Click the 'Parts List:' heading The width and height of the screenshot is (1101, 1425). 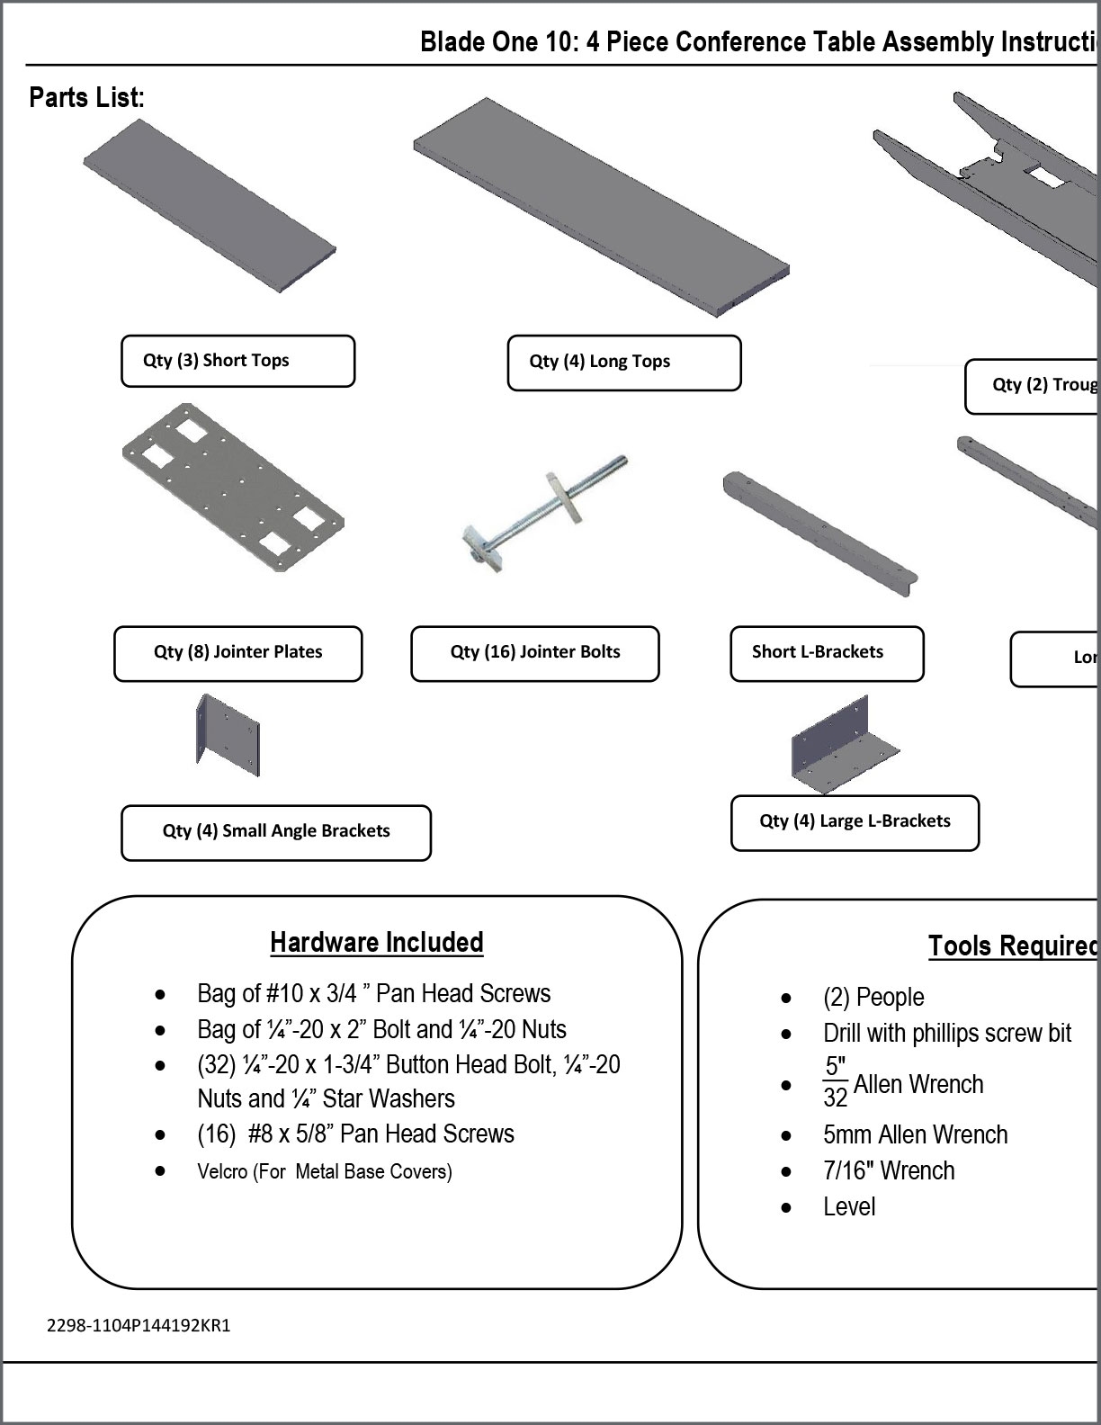pos(86,97)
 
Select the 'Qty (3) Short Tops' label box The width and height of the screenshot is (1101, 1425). pos(237,361)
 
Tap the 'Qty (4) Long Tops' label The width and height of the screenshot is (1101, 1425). pos(623,363)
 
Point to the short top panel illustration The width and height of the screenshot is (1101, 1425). pos(210,206)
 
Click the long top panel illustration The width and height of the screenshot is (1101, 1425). pos(601,207)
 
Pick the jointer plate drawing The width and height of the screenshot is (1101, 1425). pos(233,486)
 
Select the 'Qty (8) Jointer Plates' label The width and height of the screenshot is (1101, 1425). pos(237,653)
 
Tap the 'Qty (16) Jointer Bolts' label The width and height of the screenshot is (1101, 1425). pos(534,653)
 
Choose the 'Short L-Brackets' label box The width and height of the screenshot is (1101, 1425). pos(826,653)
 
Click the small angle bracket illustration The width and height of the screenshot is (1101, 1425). pos(228,735)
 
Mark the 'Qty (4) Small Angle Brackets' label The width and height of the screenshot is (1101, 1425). pos(276,832)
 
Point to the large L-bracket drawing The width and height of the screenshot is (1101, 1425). pos(843,744)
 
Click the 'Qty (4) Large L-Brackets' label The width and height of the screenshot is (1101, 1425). pos(855,822)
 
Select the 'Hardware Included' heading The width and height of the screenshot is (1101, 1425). pos(376,943)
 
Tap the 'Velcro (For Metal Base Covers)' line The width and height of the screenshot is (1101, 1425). pos(324,1171)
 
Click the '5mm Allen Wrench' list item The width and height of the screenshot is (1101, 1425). pos(915,1134)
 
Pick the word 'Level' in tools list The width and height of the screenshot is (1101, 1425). pos(848,1206)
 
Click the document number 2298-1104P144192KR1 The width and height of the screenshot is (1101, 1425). pos(139,1325)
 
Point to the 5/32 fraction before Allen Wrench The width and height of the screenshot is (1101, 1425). pos(836,1082)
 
